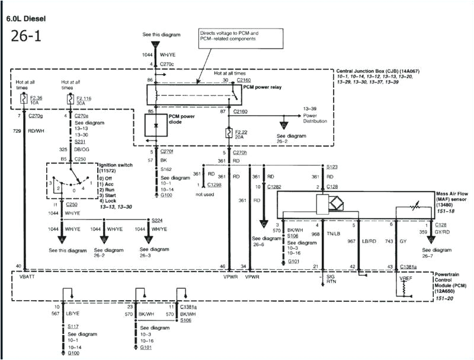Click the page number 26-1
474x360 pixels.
[x=25, y=37]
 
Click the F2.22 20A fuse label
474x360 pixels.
[x=245, y=135]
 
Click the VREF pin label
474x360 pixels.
[x=406, y=277]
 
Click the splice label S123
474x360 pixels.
[x=332, y=167]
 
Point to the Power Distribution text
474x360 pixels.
[x=315, y=118]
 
